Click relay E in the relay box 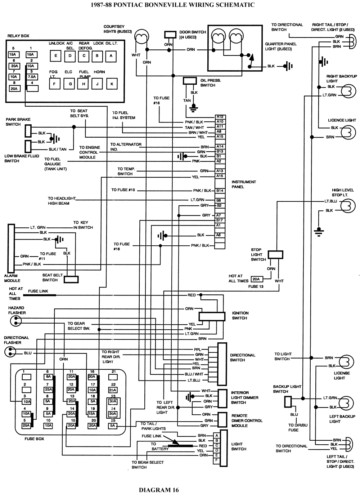click(x=55, y=55)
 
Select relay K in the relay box click(x=112, y=84)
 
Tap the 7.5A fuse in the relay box click(x=32, y=77)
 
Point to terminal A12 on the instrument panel click(x=220, y=117)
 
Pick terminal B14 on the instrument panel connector click(x=220, y=190)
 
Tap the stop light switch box click(x=276, y=254)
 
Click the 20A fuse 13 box click(x=256, y=279)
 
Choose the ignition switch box click(x=212, y=316)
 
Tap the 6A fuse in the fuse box click(x=48, y=377)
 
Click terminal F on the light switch click(x=216, y=460)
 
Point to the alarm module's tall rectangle click(x=11, y=248)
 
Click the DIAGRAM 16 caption click(x=159, y=489)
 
